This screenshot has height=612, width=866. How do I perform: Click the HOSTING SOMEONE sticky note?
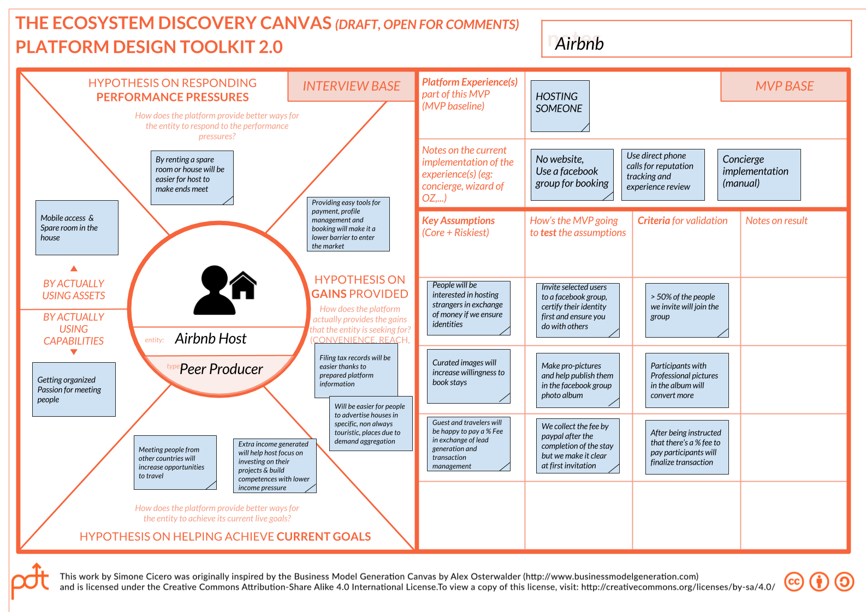(x=560, y=106)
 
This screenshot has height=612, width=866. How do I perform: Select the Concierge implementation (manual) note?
(x=758, y=175)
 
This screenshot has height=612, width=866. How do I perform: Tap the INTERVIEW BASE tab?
(x=351, y=86)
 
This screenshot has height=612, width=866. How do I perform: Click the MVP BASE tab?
(x=784, y=86)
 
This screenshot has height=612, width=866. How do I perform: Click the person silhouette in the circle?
(x=213, y=290)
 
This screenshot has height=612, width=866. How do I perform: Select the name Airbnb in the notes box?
(x=579, y=44)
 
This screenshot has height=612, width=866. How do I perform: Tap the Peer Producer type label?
(x=221, y=369)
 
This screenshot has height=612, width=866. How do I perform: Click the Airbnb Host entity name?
(x=211, y=339)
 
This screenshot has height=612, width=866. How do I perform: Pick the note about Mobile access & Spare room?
(x=76, y=227)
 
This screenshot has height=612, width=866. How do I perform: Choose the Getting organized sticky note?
(x=74, y=389)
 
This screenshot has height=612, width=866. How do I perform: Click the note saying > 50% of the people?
(x=687, y=310)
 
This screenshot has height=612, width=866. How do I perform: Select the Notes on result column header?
(x=776, y=221)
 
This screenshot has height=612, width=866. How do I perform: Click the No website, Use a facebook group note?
(x=572, y=175)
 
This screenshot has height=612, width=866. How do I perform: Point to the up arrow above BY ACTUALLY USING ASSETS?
(x=74, y=268)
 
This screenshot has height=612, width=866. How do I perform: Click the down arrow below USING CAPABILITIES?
(x=74, y=352)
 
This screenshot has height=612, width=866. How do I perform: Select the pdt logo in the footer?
(x=31, y=580)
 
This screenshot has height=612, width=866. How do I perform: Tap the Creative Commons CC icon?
(x=794, y=582)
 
